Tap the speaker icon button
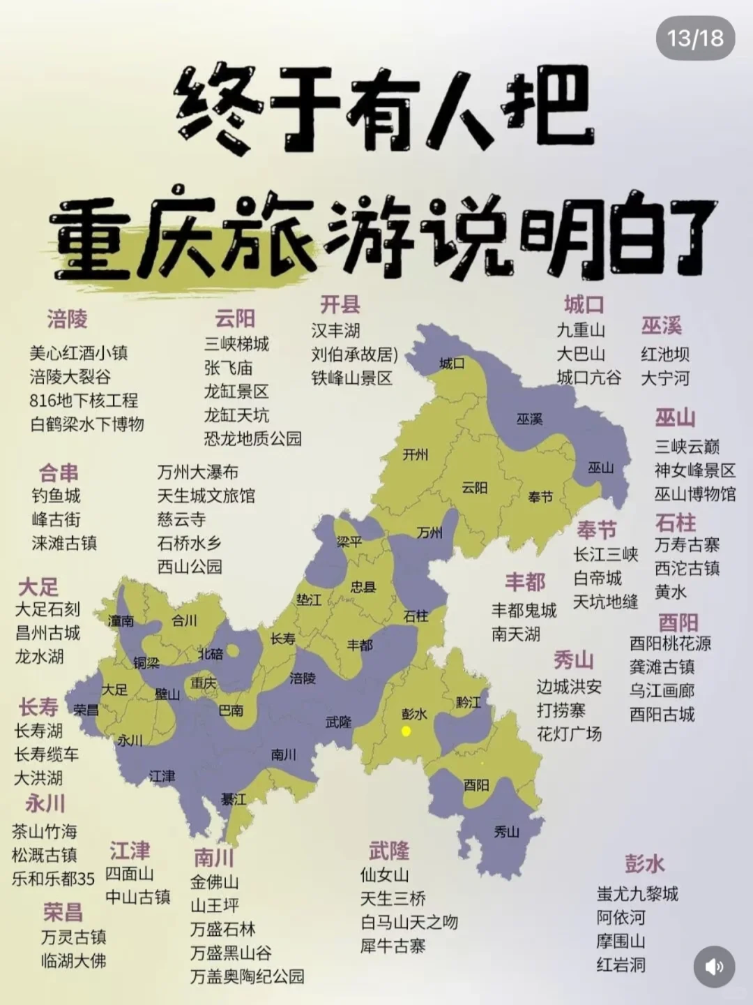pos(714,967)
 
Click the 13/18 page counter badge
pos(695,38)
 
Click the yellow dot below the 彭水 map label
pos(405,731)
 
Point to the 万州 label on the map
pos(429,533)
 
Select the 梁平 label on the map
pos(349,541)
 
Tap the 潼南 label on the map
pos(121,620)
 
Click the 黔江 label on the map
pos(469,702)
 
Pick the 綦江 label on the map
pos(234,799)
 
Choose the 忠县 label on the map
pos(363,587)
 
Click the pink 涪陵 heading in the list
pos(68,320)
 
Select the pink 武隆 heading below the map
pos(389,851)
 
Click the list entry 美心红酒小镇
pos(79,353)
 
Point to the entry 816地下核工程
pos(84,401)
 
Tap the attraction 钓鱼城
pos(56,496)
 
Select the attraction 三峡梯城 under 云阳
pos(236,344)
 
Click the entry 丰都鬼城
pos(524,611)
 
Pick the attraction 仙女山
pos(384,875)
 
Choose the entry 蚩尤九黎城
pos(637,894)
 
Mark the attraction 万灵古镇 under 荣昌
pos(74,937)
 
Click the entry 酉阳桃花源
pos(671,643)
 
